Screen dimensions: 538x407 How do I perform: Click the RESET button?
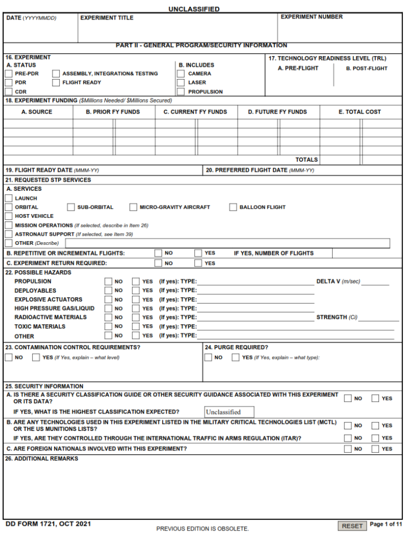click(x=352, y=526)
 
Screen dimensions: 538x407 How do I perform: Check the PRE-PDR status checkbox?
click(x=8, y=74)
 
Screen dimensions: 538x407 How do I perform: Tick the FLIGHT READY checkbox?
click(x=56, y=83)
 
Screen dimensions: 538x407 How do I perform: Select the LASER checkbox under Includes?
click(x=181, y=83)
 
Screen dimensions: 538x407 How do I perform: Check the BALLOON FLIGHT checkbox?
click(x=233, y=207)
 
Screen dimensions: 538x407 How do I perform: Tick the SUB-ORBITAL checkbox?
click(x=71, y=207)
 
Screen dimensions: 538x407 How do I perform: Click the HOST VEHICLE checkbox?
click(x=8, y=216)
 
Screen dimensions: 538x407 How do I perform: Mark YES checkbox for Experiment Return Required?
click(x=198, y=263)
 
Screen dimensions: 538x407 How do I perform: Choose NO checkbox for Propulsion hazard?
click(x=108, y=281)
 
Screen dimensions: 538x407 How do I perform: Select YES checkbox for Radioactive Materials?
click(x=136, y=317)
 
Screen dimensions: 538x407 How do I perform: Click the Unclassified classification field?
click(x=229, y=412)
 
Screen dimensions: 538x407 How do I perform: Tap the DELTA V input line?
click(x=375, y=283)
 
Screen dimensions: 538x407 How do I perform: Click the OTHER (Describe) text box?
click(x=227, y=243)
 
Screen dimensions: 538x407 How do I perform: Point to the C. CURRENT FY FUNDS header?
click(x=195, y=112)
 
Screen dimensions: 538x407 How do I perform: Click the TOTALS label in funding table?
click(x=306, y=160)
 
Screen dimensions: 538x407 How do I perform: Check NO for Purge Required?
click(x=208, y=358)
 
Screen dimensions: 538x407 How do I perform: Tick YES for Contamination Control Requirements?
click(x=36, y=358)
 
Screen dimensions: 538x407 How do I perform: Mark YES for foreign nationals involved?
click(x=375, y=449)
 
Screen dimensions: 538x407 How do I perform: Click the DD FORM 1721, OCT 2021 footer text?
click(x=48, y=524)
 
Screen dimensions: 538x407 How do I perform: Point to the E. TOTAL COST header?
click(x=359, y=112)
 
